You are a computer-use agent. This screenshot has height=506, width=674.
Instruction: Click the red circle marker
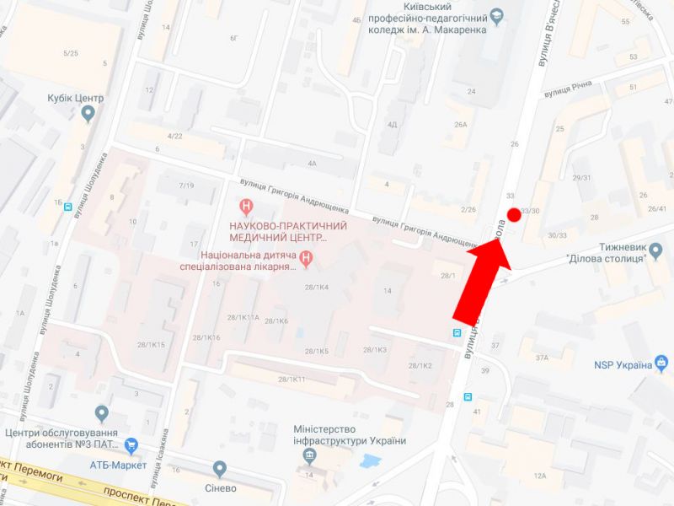[514, 214]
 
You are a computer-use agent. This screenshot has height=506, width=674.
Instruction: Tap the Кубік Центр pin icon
[89, 116]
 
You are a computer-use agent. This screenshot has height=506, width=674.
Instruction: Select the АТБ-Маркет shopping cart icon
[131, 444]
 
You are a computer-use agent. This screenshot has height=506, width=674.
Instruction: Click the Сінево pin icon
[220, 468]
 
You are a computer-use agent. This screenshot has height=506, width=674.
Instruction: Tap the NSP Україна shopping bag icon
[663, 364]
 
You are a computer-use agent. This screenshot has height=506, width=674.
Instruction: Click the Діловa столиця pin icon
[657, 249]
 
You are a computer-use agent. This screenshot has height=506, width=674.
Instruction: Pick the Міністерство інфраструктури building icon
[310, 457]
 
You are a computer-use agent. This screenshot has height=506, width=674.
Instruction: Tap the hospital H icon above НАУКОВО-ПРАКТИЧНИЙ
[246, 205]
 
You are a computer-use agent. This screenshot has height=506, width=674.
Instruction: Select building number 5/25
[71, 54]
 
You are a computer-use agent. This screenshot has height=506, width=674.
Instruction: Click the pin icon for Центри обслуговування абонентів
[102, 413]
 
